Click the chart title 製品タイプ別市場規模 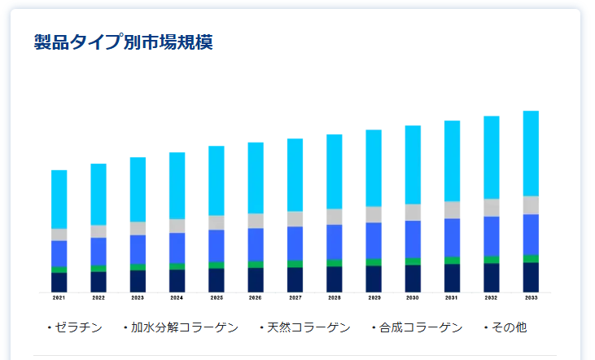pos(124,42)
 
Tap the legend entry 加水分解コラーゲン pos(184,327)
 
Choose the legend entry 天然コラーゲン pos(308,327)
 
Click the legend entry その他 pos(508,327)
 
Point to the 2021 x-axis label pos(59,298)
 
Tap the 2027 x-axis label pos(295,298)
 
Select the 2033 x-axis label pos(531,298)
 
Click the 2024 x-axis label pos(177,298)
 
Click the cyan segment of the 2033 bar pos(531,153)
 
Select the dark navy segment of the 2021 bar pos(59,282)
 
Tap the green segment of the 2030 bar pos(413,261)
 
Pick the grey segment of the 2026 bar pos(256,221)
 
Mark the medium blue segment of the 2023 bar pos(138,249)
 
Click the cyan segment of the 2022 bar pos(98,194)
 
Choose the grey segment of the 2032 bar pos(492,208)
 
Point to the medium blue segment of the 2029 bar pos(374,240)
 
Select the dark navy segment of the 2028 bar pos(335,279)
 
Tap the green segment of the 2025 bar pos(216,265)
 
